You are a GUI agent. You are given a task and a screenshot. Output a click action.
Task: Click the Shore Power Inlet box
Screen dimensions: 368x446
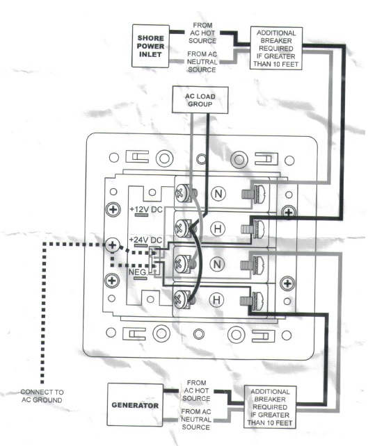(x=150, y=46)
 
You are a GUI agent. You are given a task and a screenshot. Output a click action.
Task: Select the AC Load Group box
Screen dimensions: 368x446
(x=200, y=100)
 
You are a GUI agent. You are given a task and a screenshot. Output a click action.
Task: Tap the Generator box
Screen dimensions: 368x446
(x=135, y=405)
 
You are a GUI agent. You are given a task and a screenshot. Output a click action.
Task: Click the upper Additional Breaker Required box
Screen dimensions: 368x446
(x=276, y=49)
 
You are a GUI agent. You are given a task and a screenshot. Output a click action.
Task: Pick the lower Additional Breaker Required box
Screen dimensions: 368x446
(x=270, y=407)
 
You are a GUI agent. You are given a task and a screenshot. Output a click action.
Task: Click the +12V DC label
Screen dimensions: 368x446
(x=146, y=210)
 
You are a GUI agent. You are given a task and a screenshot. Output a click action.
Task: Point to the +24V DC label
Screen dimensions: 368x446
(x=145, y=240)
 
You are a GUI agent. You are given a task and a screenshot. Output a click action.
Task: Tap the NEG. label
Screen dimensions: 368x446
(x=138, y=272)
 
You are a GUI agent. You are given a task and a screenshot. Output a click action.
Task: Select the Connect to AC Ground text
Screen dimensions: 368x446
(x=42, y=396)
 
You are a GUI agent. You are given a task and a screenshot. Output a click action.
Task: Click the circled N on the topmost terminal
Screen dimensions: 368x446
(x=218, y=194)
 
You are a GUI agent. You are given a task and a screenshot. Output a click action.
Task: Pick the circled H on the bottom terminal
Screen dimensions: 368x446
(x=216, y=300)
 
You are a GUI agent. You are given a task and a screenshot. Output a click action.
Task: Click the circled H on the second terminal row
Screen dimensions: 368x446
(x=218, y=229)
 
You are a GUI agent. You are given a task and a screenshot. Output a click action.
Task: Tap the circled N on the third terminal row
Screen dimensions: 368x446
(x=217, y=264)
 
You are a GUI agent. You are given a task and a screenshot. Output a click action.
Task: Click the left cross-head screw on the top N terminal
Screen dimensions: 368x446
(x=182, y=193)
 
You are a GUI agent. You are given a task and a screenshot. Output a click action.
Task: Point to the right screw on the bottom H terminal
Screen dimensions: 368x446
(x=253, y=300)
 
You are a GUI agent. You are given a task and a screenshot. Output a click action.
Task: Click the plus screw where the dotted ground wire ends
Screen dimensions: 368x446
(x=113, y=245)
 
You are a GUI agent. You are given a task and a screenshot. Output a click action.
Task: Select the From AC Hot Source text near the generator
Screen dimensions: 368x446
(x=196, y=390)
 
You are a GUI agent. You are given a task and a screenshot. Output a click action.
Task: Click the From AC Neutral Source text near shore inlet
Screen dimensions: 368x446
(x=202, y=62)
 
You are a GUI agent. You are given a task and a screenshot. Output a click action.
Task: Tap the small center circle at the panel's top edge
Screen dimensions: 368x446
(x=201, y=159)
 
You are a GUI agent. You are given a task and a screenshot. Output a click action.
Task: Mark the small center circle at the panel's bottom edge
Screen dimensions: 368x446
(x=198, y=334)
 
